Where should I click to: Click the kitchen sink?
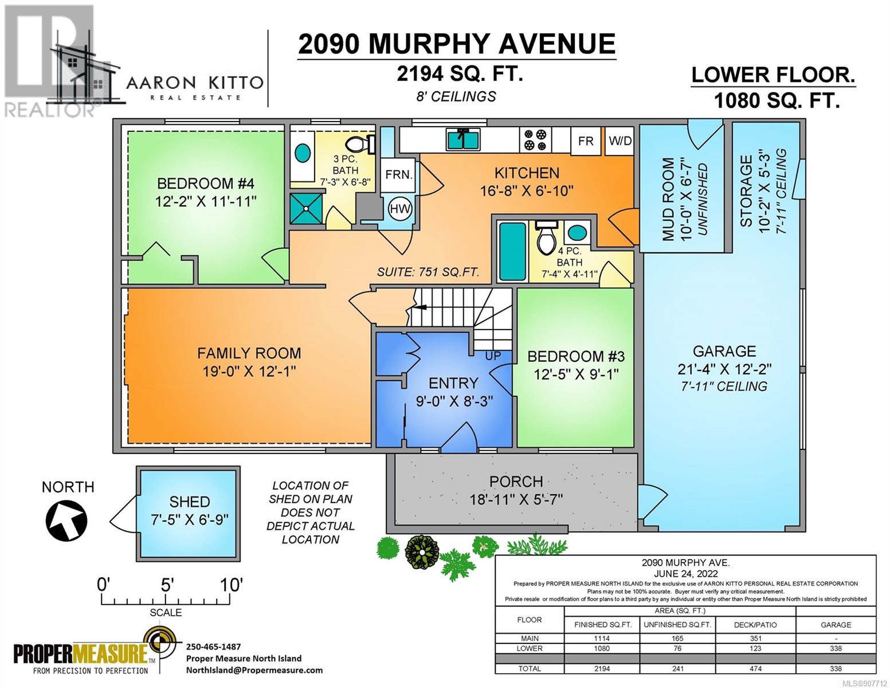463,139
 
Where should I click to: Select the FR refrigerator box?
586,141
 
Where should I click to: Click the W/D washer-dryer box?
620,141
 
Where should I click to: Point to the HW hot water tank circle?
400,209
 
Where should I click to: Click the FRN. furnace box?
398,174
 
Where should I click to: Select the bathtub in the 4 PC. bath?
512,252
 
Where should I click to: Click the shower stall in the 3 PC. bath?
307,209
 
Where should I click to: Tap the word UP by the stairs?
493,355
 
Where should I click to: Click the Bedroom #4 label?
206,183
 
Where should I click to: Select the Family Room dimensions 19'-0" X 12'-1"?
249,372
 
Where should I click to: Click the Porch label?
516,482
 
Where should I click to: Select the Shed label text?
190,502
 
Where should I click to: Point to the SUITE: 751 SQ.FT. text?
428,272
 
